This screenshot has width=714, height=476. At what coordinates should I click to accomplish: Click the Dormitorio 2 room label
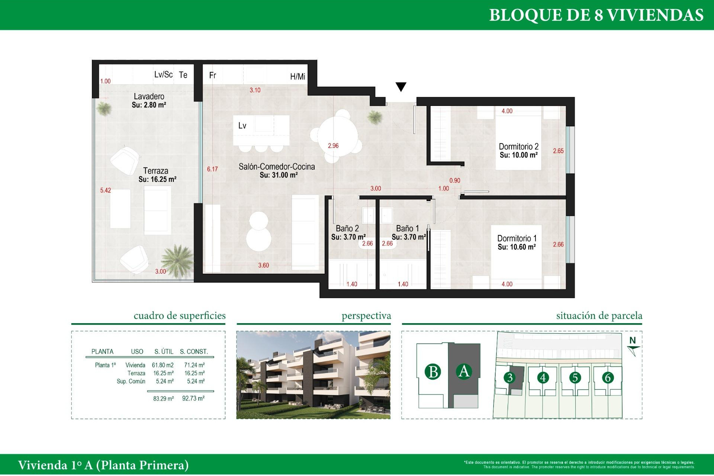pyautogui.click(x=518, y=147)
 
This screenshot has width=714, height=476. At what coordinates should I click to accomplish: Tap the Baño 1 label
pyautogui.click(x=407, y=228)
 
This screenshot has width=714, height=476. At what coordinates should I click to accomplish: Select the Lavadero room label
pyautogui.click(x=149, y=96)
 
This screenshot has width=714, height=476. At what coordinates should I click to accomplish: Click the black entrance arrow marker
pyautogui.click(x=401, y=87)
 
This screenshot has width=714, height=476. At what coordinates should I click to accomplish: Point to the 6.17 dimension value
pyautogui.click(x=212, y=169)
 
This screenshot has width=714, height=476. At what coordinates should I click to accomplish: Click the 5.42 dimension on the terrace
pyautogui.click(x=105, y=190)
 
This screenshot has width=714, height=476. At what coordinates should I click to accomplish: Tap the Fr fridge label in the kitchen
pyautogui.click(x=213, y=75)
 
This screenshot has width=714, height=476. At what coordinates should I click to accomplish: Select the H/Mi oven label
pyautogui.click(x=297, y=77)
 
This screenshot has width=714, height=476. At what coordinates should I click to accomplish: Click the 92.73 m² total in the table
pyautogui.click(x=193, y=398)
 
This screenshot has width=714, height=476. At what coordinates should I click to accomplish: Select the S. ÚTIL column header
pyautogui.click(x=164, y=351)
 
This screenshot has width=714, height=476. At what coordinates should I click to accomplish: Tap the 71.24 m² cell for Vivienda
pyautogui.click(x=194, y=365)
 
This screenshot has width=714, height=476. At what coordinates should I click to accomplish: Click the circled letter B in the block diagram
pyautogui.click(x=433, y=372)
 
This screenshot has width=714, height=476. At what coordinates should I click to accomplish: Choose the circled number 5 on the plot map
pyautogui.click(x=575, y=377)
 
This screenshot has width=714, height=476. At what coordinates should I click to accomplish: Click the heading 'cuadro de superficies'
pyautogui.click(x=179, y=316)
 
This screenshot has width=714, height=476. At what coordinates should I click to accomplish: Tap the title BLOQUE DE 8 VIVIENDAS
pyautogui.click(x=596, y=15)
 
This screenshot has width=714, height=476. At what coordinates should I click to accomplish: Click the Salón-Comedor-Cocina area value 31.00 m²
pyautogui.click(x=278, y=175)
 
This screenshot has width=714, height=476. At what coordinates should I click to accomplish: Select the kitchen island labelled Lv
pyautogui.click(x=261, y=130)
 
